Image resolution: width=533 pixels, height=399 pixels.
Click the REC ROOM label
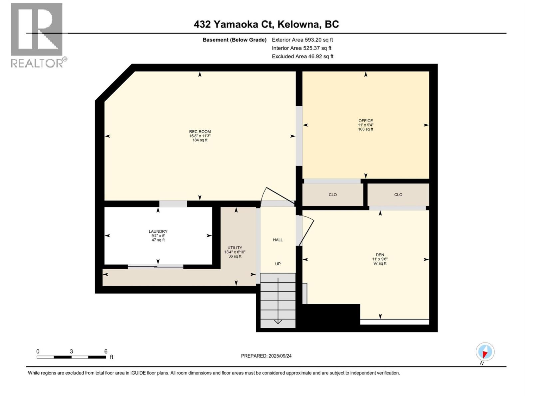[200, 132]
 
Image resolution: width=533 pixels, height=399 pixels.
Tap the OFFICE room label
[366, 121]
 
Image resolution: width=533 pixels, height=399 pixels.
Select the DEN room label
[380, 255]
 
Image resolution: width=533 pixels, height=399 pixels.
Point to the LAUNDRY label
[158, 231]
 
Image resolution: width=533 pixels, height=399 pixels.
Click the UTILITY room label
[235, 248]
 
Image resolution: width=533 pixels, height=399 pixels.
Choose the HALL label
[278, 240]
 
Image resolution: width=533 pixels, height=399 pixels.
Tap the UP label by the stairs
[278, 264]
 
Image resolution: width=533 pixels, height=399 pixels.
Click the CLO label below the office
[333, 195]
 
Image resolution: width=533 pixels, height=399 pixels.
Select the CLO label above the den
[398, 195]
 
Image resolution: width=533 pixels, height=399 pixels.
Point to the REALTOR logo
[38, 35]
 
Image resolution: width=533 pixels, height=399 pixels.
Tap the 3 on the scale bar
[71, 351]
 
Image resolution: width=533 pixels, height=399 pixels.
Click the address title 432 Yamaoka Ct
[233, 24]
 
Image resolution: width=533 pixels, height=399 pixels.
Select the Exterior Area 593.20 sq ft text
[302, 40]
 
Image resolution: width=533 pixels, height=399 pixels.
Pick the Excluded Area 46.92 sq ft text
[302, 57]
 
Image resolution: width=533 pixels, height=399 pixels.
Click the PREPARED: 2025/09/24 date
[266, 356]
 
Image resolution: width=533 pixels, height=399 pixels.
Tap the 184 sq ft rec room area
[200, 140]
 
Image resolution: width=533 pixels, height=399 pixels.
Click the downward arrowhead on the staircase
[278, 322]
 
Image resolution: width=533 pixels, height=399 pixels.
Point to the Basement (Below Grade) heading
[235, 40]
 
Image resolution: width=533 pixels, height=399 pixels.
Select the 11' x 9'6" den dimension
[380, 259]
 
